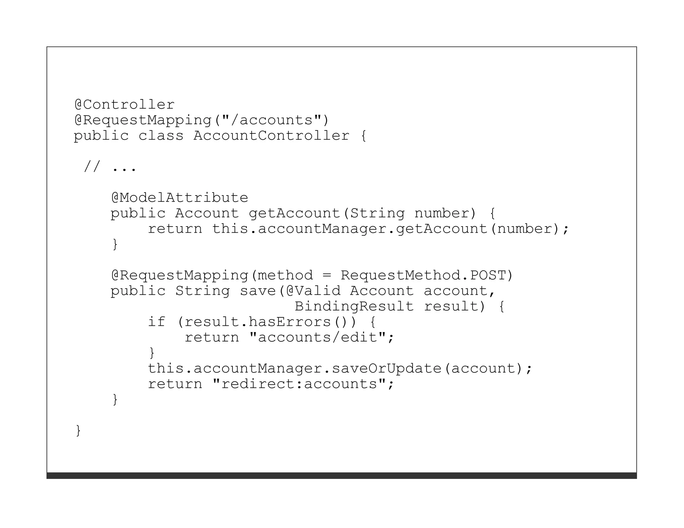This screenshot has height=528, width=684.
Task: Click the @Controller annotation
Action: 124,105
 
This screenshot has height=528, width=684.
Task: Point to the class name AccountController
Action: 271,136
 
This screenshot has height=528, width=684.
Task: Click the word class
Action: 161,136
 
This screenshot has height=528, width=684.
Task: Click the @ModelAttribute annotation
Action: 179,198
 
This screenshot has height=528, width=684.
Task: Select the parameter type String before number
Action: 377,213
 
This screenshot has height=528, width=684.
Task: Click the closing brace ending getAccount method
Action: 115,244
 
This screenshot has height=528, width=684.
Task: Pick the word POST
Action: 488,275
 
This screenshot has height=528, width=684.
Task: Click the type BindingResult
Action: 354,306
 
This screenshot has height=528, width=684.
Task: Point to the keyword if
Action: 157,322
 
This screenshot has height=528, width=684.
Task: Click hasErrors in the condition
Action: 290,322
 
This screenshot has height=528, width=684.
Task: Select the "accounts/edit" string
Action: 318,337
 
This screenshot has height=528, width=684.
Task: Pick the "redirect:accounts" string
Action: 299,384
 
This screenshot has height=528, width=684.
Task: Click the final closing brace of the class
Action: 78,431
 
